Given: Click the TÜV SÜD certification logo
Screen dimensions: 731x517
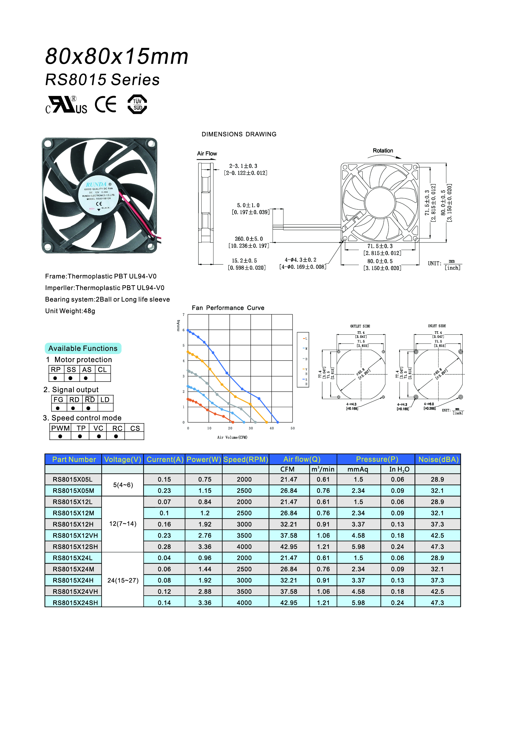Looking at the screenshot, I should [x=137, y=104].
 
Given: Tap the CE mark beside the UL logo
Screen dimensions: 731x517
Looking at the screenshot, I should [x=106, y=104].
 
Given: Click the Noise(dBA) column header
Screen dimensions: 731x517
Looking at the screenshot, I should [x=438, y=459].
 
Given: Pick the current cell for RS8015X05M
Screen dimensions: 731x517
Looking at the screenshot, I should [x=164, y=491].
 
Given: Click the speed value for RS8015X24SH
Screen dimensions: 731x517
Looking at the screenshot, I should [x=244, y=603].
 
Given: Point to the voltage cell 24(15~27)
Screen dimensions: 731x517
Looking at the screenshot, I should [x=123, y=580].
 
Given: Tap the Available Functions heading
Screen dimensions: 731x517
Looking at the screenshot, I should [x=83, y=348].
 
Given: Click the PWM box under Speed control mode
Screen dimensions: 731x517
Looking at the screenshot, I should [x=60, y=428].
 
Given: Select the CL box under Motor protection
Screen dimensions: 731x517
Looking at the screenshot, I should [x=102, y=370].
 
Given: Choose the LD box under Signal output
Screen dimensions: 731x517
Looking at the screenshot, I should [x=105, y=400].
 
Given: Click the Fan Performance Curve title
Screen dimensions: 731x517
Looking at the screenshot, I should [x=228, y=308].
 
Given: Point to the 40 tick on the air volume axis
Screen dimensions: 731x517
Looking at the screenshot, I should [x=272, y=428].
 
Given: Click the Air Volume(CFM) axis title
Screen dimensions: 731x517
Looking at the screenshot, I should [x=232, y=438].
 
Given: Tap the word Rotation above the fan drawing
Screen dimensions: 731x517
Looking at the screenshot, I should [x=383, y=151].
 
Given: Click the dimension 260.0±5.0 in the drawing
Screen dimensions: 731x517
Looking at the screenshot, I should [x=248, y=239].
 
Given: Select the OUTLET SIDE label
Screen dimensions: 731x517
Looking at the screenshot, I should [x=360, y=326].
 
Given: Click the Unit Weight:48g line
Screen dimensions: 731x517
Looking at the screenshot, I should [x=70, y=311].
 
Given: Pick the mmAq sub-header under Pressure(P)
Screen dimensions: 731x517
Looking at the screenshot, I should [x=358, y=469].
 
